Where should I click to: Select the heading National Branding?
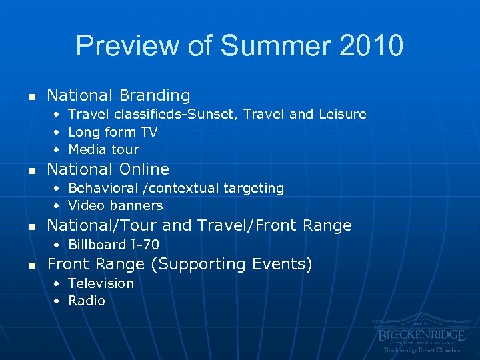[118, 95]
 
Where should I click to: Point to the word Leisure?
[342, 114]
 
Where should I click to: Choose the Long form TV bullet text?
[112, 132]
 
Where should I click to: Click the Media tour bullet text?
[103, 149]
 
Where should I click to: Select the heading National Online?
[108, 169]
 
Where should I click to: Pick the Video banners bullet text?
[115, 205]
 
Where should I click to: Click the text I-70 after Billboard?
[145, 245]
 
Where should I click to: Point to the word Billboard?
[99, 245]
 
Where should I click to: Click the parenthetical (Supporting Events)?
[231, 265]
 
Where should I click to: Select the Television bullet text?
[101, 283]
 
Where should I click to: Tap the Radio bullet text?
[87, 301]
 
